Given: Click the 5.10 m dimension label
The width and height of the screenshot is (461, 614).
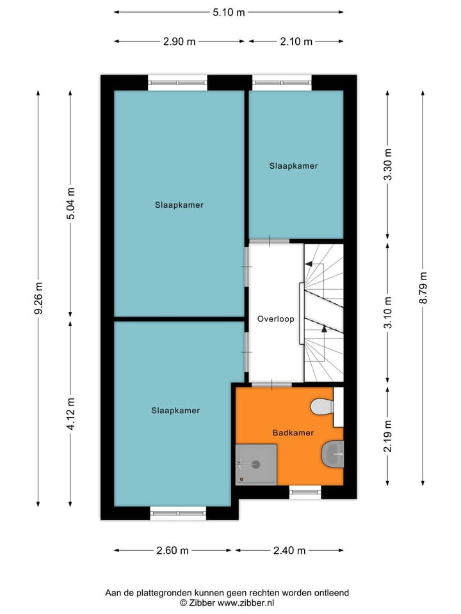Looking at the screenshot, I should [229, 12].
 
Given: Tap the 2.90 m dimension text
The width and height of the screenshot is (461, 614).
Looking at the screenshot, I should [179, 42].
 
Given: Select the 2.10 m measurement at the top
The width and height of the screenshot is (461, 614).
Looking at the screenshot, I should [296, 42].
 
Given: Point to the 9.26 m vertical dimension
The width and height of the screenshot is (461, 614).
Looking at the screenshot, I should [39, 298].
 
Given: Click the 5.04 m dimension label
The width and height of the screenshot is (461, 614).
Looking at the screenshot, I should [71, 203].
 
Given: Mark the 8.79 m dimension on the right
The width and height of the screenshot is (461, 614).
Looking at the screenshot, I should [423, 289].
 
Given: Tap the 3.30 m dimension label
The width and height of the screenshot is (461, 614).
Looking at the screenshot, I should [387, 165].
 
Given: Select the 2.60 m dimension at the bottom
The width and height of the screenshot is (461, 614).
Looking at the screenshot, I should [172, 550].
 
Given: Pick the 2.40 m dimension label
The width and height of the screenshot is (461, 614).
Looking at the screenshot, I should [289, 550].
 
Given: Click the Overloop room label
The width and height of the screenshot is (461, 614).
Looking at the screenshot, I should [275, 319].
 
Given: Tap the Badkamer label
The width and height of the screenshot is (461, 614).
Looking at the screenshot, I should [293, 433].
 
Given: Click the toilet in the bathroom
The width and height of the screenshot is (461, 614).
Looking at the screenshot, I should [322, 407].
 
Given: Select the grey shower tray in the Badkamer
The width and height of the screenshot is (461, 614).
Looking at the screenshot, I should [256, 464].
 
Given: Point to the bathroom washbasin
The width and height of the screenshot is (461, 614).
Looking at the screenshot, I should [332, 453].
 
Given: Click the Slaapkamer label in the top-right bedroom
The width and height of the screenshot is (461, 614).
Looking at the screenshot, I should [293, 166].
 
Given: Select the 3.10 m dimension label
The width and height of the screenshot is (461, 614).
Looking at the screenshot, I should [387, 312].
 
